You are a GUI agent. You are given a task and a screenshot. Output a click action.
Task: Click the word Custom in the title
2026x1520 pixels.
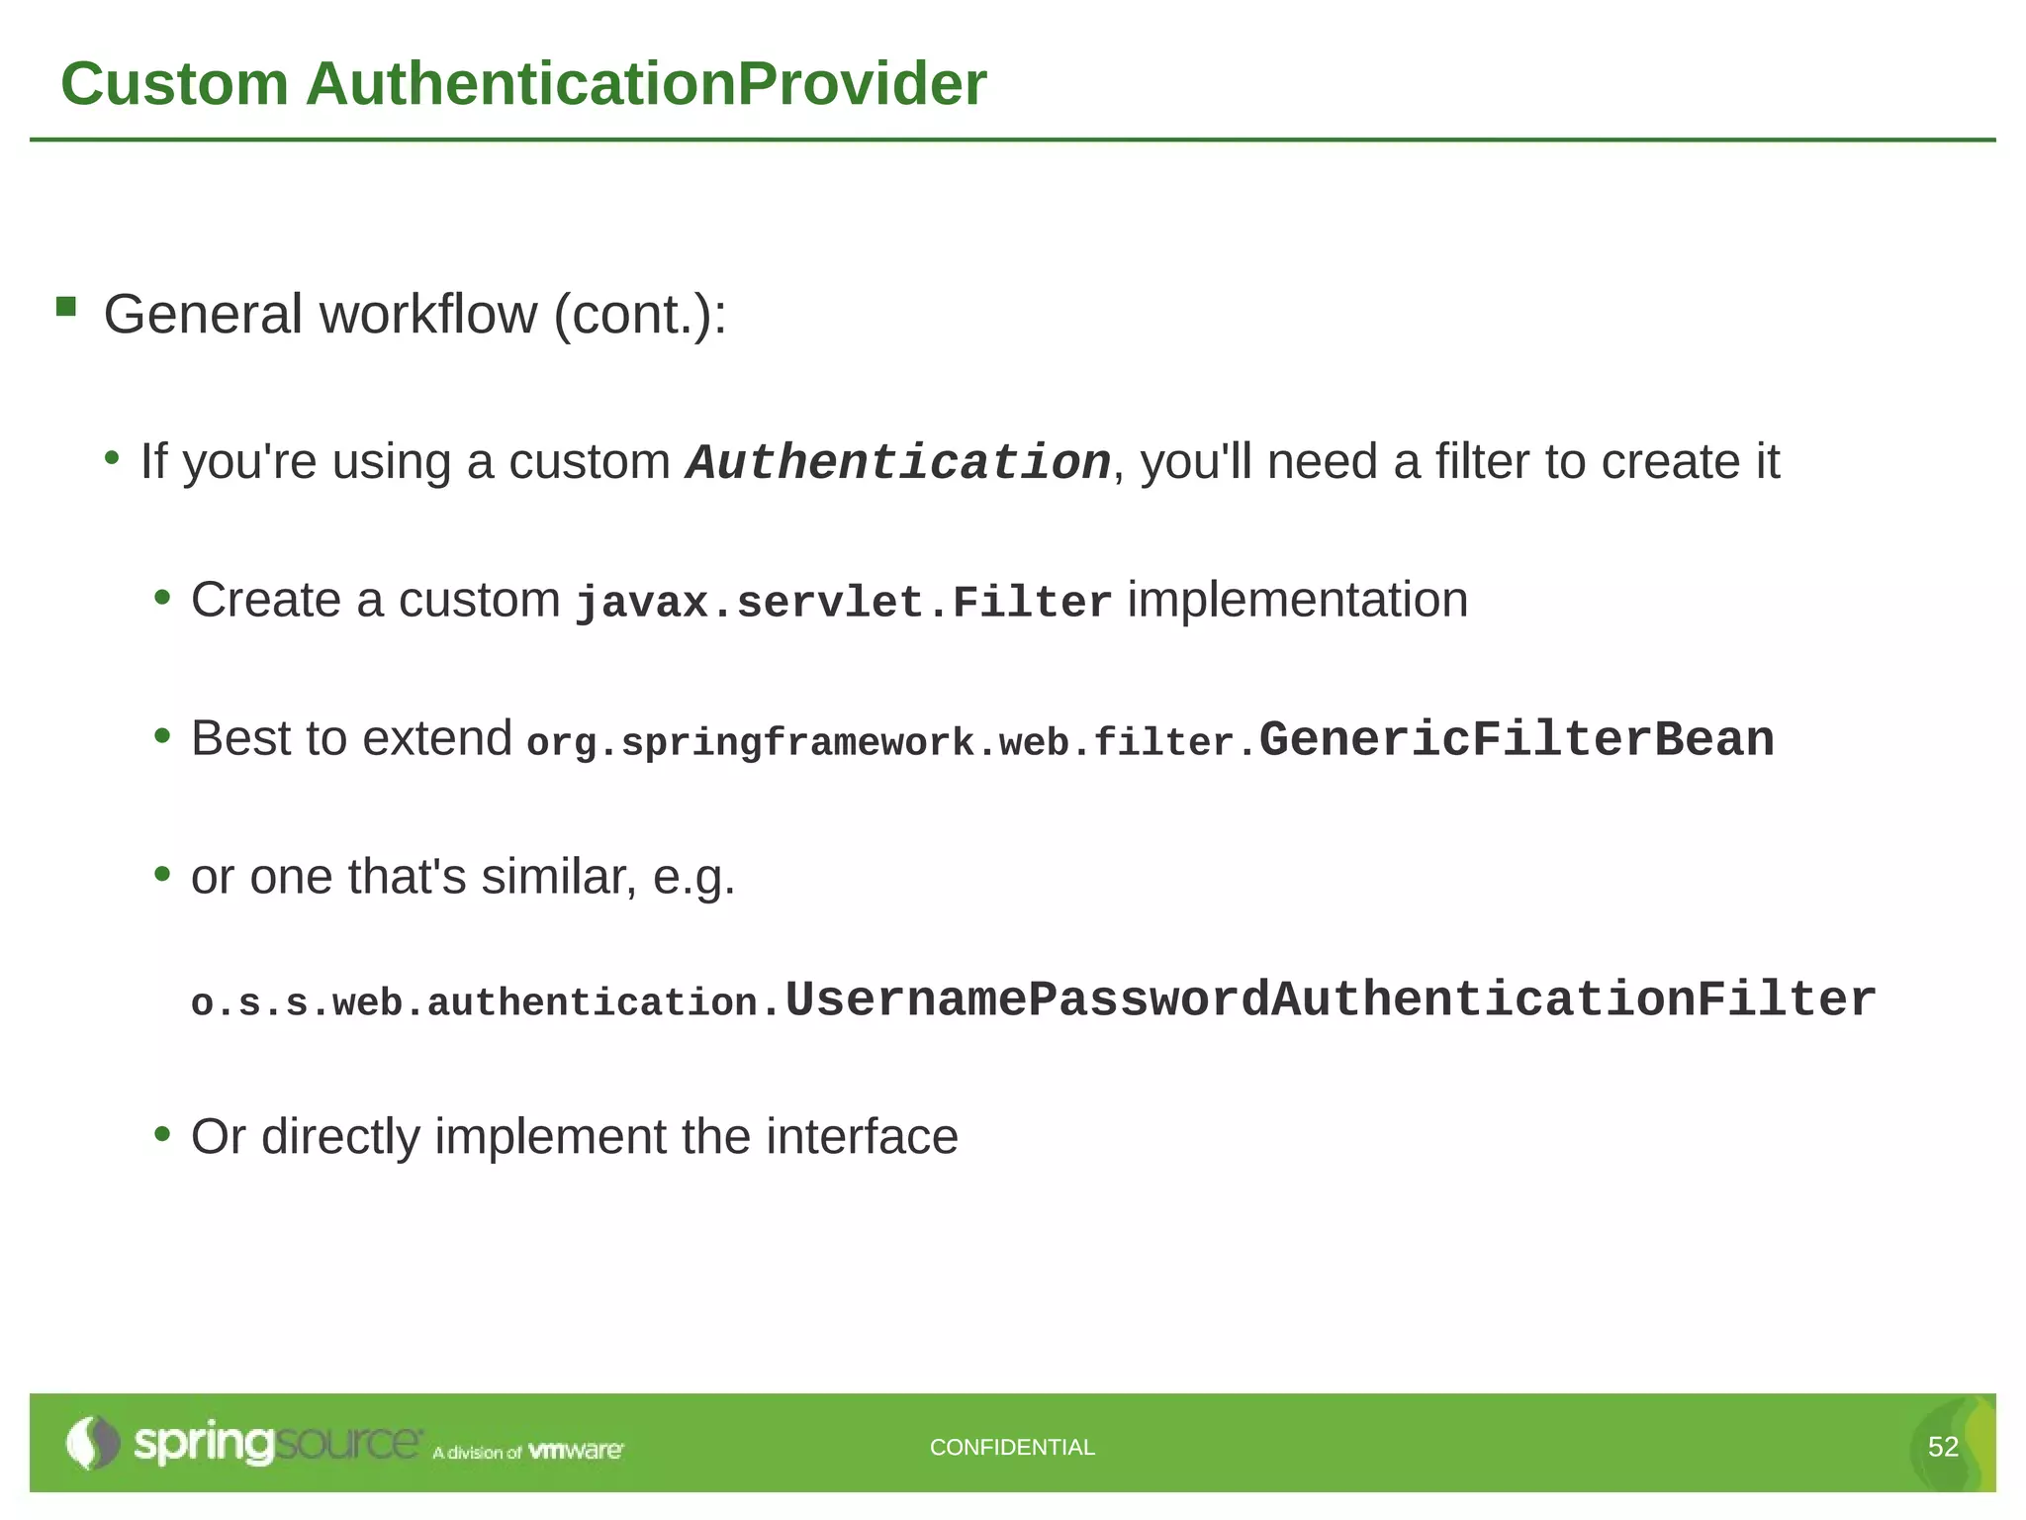point(174,84)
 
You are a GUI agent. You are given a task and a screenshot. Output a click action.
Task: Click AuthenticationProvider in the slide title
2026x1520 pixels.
point(645,84)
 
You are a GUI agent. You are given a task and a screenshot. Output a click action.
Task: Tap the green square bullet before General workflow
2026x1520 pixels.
point(66,307)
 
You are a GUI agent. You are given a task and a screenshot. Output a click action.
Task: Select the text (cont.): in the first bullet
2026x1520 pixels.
point(640,316)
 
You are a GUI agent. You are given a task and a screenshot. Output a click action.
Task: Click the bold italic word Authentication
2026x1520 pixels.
point(898,463)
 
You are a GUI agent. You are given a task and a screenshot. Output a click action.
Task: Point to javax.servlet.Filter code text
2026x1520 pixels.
point(844,603)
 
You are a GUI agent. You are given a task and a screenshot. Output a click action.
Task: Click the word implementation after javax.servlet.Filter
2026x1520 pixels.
point(1297,601)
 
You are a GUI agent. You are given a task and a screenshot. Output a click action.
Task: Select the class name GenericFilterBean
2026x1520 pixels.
point(1516,740)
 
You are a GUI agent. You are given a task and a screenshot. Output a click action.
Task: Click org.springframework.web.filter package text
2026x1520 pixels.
point(881,743)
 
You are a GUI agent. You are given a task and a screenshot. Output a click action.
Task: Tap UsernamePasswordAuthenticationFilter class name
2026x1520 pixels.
point(1330,999)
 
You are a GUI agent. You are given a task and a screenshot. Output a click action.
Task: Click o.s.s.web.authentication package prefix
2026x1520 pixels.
point(475,1003)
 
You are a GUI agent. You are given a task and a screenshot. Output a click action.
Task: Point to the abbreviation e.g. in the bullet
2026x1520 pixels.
point(693,878)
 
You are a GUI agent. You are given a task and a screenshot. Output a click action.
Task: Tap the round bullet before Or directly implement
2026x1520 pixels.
point(163,1133)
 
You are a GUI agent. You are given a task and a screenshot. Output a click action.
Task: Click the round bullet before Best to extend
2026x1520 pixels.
point(163,735)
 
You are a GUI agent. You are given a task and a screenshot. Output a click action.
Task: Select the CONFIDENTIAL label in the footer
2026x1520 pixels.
point(1012,1447)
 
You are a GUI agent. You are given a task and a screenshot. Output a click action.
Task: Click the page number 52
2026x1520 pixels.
point(1943,1447)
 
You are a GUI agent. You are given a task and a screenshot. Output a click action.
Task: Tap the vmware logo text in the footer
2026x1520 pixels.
point(576,1451)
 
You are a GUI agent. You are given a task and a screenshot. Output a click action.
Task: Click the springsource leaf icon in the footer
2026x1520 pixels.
point(91,1443)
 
